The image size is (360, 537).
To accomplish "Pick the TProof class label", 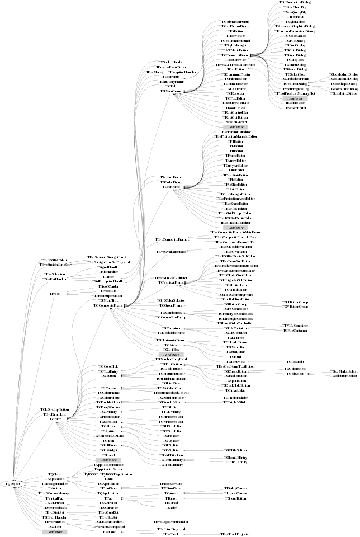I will (x=54, y=293).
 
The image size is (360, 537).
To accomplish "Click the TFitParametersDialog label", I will (x=295, y=3).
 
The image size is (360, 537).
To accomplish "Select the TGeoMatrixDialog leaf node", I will (x=343, y=93).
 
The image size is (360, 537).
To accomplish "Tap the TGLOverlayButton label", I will (x=55, y=409).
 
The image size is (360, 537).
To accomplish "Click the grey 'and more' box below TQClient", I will (x=55, y=532).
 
